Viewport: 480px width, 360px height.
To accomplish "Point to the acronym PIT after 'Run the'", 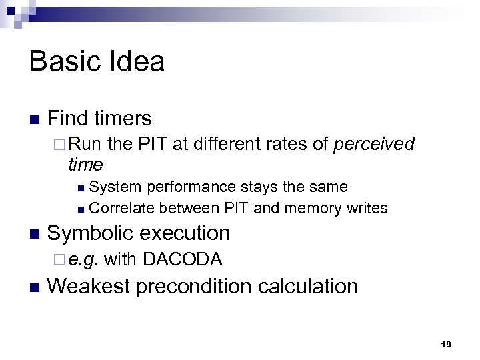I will click(154, 143).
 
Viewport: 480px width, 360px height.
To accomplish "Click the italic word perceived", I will click(375, 144).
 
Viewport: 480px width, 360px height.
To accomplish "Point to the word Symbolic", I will click(89, 233).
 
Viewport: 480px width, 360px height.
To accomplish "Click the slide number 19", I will click(446, 344).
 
